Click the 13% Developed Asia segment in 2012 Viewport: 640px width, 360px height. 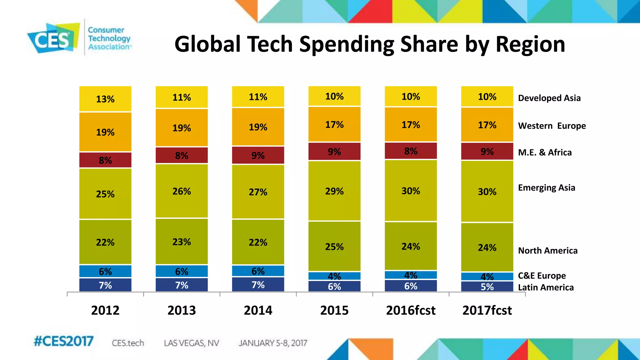(x=105, y=99)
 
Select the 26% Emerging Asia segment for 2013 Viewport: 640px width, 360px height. (x=182, y=191)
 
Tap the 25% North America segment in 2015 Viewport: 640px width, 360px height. (x=334, y=247)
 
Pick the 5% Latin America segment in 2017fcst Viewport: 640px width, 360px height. (x=487, y=287)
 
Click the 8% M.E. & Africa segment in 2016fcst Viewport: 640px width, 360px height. (x=411, y=151)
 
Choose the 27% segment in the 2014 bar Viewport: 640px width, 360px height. (x=258, y=192)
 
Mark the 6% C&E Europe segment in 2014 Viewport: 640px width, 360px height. (x=258, y=271)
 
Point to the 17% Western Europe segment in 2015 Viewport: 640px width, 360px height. (x=334, y=125)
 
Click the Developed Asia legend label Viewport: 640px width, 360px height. (x=549, y=98)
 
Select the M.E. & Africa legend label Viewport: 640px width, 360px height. (x=545, y=152)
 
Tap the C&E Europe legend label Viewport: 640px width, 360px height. (x=542, y=276)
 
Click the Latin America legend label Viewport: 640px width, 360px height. (x=546, y=287)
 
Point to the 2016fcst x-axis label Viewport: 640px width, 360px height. (x=411, y=310)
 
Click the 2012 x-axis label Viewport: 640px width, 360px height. (x=105, y=310)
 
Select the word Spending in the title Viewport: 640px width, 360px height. (x=347, y=44)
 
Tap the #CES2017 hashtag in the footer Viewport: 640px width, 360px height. (x=63, y=341)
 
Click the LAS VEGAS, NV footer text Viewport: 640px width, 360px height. (x=191, y=343)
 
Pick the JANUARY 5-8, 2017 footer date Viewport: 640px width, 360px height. (x=273, y=343)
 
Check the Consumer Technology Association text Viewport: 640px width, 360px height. (x=109, y=38)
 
